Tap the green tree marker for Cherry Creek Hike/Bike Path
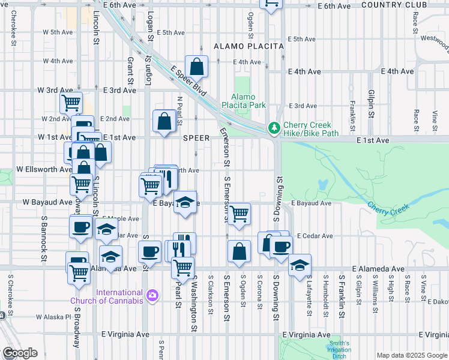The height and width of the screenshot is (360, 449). click(274, 128)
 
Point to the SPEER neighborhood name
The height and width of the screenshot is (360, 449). click(196, 138)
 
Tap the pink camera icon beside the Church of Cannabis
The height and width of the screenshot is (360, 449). click(152, 295)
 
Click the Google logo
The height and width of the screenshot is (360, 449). click(19, 353)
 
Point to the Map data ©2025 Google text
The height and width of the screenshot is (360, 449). click(411, 355)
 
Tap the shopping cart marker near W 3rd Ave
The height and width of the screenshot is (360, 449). click(71, 103)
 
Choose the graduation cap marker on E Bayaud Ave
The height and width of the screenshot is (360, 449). click(185, 201)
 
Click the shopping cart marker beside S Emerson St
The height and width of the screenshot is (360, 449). click(240, 213)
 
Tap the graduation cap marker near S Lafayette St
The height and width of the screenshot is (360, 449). click(300, 266)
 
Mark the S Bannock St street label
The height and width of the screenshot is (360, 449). click(44, 243)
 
